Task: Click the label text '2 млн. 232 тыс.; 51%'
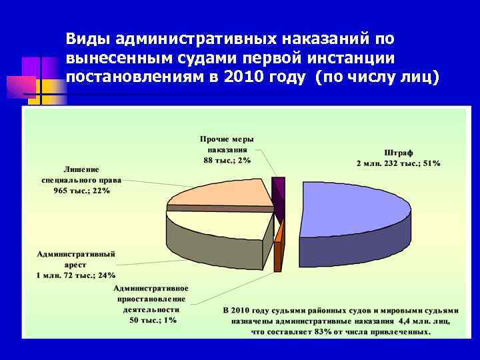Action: tap(398, 163)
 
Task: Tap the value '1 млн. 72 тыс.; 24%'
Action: tap(76, 275)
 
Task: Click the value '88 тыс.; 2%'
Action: tap(227, 160)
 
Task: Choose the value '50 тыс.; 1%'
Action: tap(153, 320)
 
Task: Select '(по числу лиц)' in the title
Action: tap(378, 77)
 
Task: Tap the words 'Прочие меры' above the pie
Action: tap(227, 139)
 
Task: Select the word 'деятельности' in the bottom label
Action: tap(153, 309)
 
